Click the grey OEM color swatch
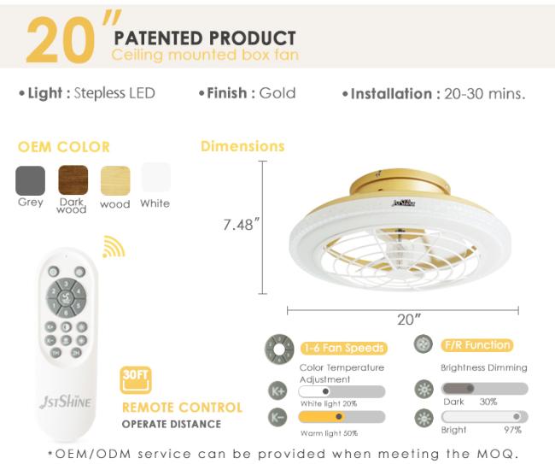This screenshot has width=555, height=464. coord(31,180)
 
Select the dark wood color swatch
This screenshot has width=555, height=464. coord(73,180)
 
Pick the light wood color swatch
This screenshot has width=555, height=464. coord(115,180)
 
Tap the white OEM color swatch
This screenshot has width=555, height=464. coord(155,177)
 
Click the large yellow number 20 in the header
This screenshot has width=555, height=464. coord(61,40)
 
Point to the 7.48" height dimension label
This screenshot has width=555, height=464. coord(242,225)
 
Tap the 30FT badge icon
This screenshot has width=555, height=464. coord(136,380)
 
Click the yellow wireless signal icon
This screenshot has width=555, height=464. coord(114,246)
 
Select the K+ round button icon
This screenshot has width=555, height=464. coord(277,391)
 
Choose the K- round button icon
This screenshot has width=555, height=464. coord(277,417)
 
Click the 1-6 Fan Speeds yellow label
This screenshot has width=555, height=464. coord(344,348)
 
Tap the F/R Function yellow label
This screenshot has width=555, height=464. coord(477,345)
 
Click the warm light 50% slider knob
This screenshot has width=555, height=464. coord(339,416)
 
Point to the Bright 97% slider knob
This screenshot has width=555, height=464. coord(517,416)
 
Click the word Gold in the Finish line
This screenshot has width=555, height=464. coord(277,93)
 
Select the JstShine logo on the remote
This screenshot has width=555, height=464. coord(66,402)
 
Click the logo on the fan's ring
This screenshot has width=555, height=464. coord(404,203)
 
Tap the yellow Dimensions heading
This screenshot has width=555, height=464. coord(242,146)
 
